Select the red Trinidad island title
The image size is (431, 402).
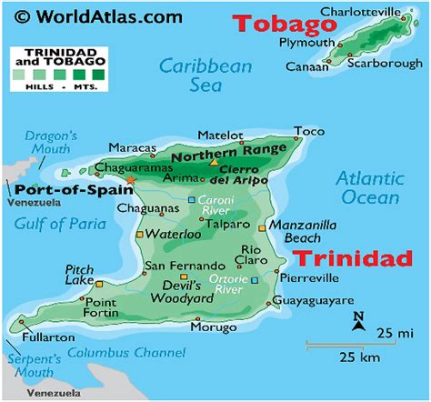pyautogui.click(x=353, y=258)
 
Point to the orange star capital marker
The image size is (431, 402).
pyautogui.click(x=130, y=180)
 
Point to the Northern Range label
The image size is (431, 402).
pyautogui.click(x=241, y=156)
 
